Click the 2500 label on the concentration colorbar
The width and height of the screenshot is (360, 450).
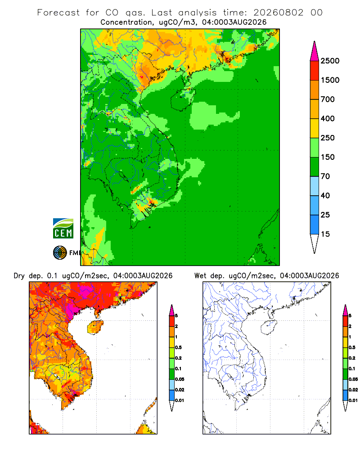[330, 61]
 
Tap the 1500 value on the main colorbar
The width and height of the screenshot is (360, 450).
[330, 80]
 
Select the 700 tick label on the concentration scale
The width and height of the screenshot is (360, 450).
[328, 99]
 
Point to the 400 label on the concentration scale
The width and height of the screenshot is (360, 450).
[328, 118]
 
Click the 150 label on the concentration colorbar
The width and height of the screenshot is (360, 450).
[328, 157]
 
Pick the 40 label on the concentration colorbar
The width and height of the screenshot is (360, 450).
[325, 195]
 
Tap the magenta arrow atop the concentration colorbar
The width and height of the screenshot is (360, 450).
[315, 51]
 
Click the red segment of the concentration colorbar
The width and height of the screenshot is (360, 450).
[315, 71]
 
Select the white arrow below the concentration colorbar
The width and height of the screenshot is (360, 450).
[315, 243]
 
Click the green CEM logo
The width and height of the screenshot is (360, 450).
[63, 229]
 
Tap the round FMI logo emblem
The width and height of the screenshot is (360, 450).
[60, 253]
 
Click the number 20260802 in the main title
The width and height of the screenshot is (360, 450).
[278, 13]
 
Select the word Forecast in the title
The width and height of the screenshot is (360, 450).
[58, 13]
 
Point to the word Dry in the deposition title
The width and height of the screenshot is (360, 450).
[19, 276]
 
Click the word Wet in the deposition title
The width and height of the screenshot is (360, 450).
[200, 276]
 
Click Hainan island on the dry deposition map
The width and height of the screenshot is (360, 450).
[95, 328]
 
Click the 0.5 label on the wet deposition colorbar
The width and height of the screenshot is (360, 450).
[352, 347]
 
